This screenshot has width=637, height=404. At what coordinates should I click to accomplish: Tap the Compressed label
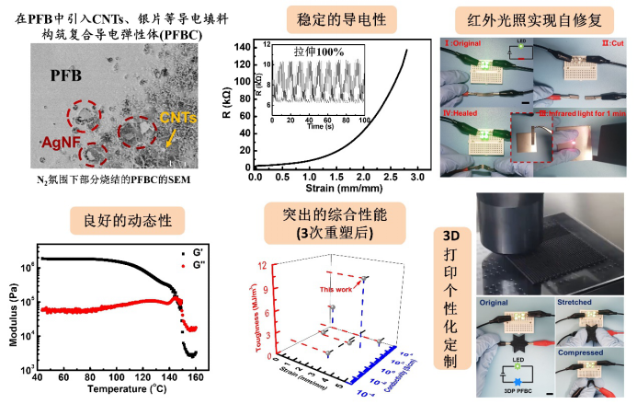pos(580,352)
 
